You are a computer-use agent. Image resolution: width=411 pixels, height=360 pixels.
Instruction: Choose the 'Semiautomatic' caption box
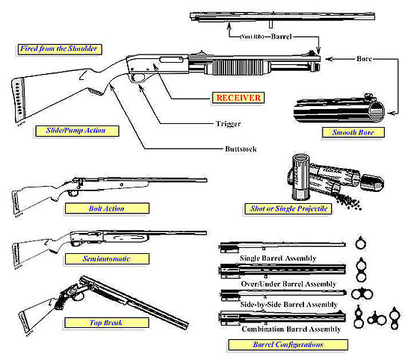(95, 258)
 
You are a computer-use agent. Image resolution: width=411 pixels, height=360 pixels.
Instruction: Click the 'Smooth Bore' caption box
(348, 133)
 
